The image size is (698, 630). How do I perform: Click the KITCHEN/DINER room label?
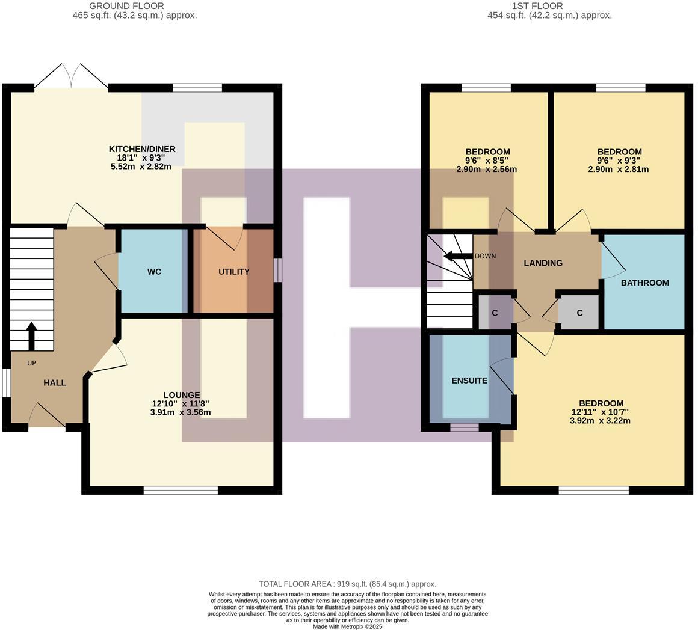coord(142,149)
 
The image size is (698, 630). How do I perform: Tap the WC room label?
coord(154,272)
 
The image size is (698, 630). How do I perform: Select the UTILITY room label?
coord(233,272)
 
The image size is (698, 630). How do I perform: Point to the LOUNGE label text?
coord(181,395)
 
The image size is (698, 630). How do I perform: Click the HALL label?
coord(55,383)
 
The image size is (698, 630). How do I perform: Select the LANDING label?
coord(543,263)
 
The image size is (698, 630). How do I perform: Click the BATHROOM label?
coord(644,283)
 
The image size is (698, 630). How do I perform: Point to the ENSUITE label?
coord(469,381)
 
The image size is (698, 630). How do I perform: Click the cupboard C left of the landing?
coord(495,313)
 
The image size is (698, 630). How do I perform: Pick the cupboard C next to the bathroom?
coord(579,313)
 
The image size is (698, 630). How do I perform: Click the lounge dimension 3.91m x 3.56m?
coord(181,413)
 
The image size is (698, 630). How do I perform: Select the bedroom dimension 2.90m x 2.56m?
coord(486,170)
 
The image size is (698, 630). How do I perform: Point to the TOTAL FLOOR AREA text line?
coord(347,584)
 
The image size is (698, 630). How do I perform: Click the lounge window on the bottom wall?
coord(181,491)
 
